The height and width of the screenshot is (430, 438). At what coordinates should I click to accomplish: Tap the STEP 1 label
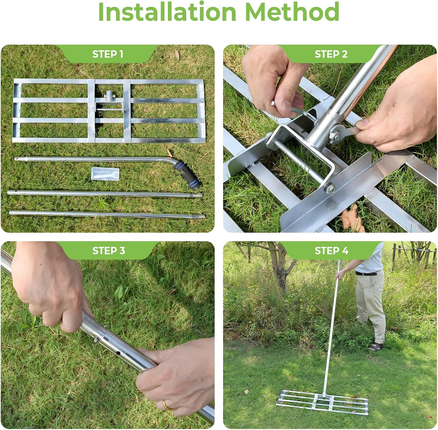[x=108, y=54]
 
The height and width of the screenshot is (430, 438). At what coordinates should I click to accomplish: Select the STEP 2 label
[x=331, y=54]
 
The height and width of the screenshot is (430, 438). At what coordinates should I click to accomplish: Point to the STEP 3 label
[x=108, y=250]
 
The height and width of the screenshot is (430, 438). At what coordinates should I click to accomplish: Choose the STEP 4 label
[x=331, y=250]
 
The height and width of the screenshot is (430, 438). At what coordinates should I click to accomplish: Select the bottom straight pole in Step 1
[x=107, y=215]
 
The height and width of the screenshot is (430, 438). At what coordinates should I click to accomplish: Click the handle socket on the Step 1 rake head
[x=109, y=95]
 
